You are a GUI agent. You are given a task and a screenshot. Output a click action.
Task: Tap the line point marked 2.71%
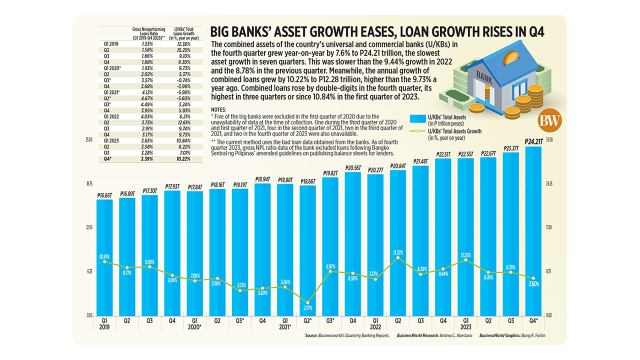click(307, 302)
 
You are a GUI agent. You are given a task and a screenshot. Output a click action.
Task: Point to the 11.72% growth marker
click(397, 257)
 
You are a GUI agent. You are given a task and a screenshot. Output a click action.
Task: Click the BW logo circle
click(551, 120)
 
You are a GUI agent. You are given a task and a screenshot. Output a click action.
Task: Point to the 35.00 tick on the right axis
click(548, 139)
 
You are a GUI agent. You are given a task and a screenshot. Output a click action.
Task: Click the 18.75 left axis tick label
click(89, 183)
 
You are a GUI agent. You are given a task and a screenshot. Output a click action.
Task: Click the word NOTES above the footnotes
click(219, 109)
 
